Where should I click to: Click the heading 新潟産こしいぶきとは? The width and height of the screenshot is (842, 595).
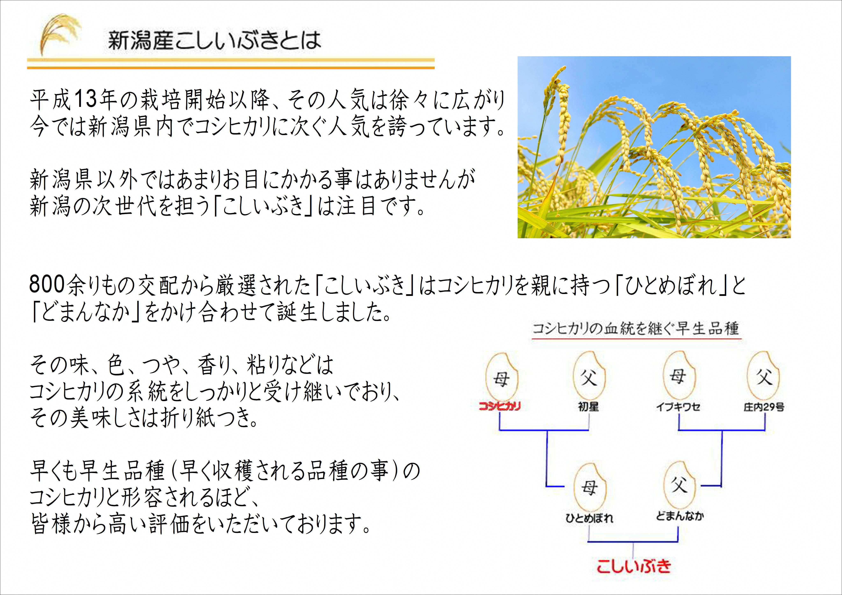[215, 40]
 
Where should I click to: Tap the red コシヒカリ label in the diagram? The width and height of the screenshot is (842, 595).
[499, 406]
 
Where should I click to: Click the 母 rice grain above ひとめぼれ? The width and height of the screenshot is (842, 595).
[589, 488]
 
